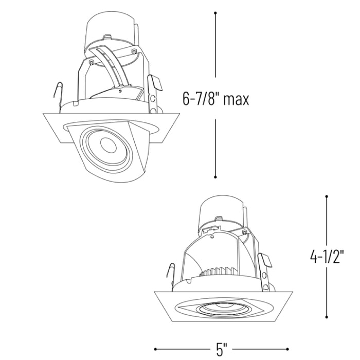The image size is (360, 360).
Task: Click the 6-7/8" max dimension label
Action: tap(215, 99)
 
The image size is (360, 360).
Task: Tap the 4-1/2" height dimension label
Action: tap(327, 256)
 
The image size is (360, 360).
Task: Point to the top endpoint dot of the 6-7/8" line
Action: tap(215, 13)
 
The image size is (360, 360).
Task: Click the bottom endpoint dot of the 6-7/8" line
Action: tap(215, 177)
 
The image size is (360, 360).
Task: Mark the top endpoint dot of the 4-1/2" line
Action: tap(327, 196)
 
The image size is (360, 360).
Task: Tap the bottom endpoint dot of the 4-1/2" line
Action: tap(327, 317)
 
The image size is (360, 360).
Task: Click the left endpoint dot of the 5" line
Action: tap(155, 349)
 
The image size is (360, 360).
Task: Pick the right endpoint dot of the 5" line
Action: tap(287, 349)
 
